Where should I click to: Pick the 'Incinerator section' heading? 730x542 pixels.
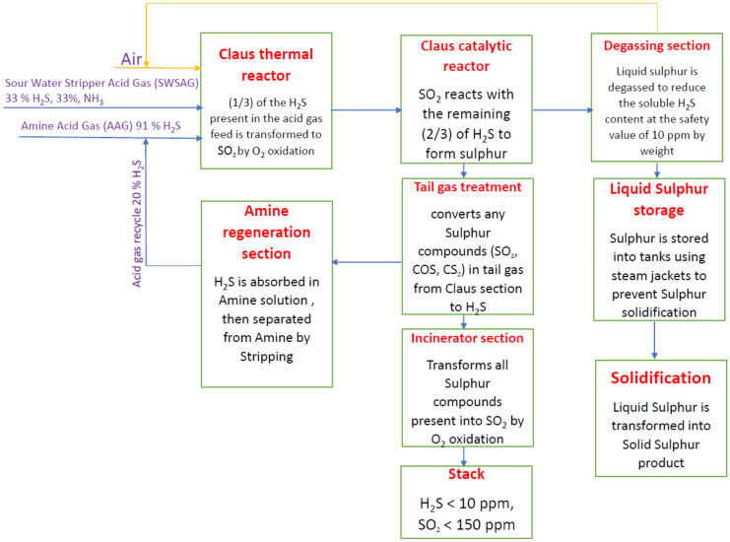467,338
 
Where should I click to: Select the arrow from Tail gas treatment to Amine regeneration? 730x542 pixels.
365,262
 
